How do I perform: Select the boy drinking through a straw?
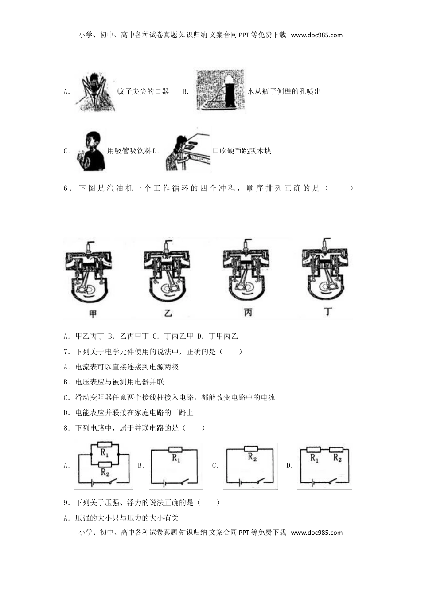90,150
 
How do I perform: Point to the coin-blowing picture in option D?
187,150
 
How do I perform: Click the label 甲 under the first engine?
93,314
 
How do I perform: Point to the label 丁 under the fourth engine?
327,312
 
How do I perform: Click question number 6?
66,188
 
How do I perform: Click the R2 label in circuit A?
105,472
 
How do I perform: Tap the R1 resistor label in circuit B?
176,458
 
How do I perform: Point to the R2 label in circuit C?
252,457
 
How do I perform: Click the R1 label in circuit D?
314,458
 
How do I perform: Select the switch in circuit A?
113,482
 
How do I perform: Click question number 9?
66,503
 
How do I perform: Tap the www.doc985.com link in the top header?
316,35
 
